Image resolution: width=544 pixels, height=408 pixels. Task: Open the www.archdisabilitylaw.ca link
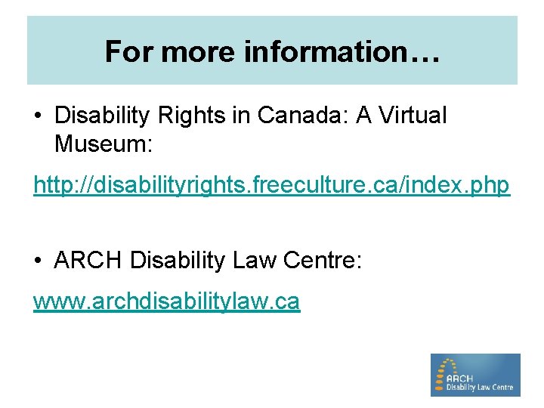(x=166, y=301)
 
